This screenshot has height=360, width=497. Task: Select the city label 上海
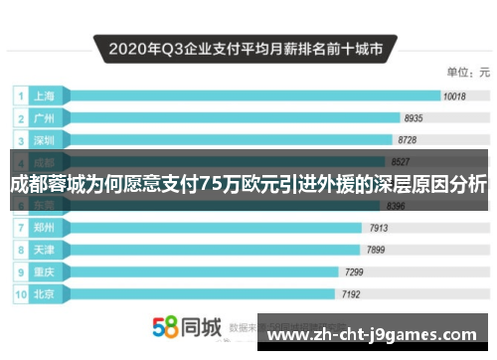[45, 96]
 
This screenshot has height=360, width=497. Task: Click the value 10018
[454, 96]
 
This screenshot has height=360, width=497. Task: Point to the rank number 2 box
[19, 118]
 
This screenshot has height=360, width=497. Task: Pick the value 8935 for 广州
[414, 118]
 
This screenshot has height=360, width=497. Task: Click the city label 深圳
[45, 139]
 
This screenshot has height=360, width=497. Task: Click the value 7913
[379, 228]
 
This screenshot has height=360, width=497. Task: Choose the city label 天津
[45, 249]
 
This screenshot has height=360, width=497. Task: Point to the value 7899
[377, 249]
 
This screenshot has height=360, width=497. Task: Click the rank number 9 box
[19, 271]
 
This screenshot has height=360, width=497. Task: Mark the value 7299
[353, 271]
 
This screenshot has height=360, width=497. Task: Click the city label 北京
[45, 293]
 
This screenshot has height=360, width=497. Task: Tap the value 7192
[351, 294]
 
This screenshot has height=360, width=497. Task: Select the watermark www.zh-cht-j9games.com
[378, 334]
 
